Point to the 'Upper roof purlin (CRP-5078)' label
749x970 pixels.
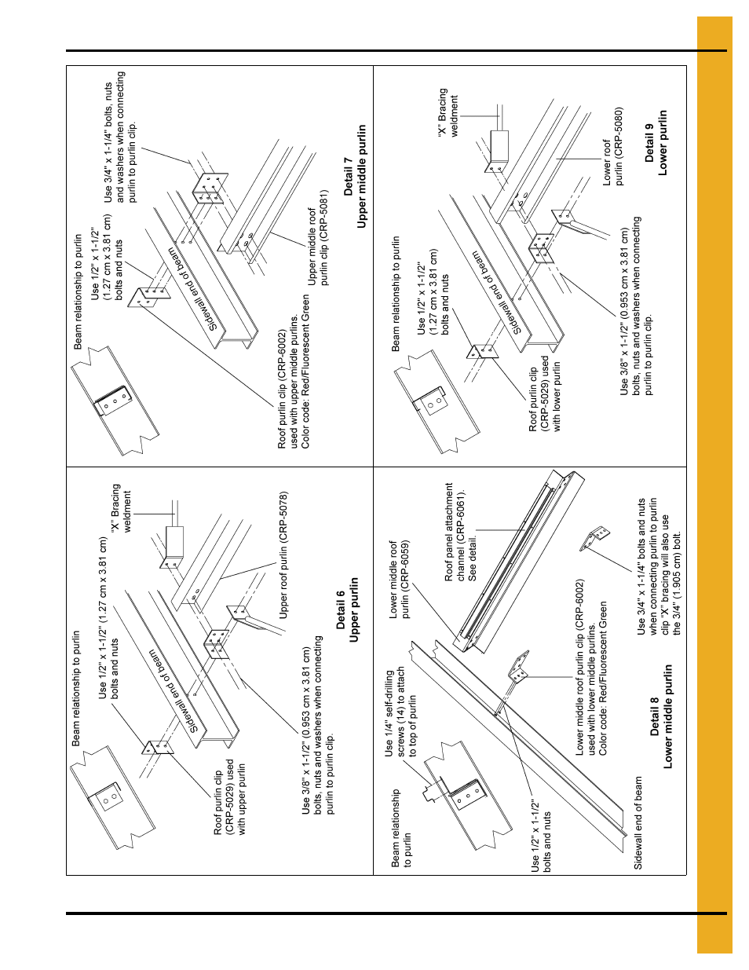[284, 555]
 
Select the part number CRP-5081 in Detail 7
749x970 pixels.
[324, 213]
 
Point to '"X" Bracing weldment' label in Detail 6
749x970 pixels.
[122, 509]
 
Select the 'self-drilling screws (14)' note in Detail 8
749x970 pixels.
[400, 712]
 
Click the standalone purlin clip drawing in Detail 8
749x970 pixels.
[594, 540]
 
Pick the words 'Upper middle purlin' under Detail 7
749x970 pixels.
[361, 177]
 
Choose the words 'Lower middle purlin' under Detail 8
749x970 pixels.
[668, 716]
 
